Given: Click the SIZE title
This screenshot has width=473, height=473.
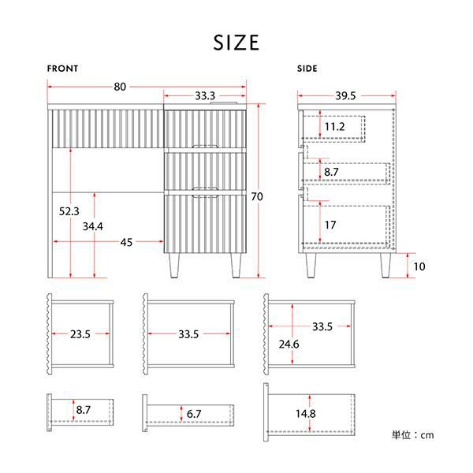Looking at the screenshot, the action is [x=236, y=43].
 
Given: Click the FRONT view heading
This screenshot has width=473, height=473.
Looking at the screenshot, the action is [x=62, y=69].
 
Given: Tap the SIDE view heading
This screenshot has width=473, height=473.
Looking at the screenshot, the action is [x=307, y=69].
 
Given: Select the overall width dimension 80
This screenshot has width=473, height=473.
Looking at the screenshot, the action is [x=120, y=87].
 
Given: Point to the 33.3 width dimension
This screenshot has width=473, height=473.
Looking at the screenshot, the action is [x=205, y=96].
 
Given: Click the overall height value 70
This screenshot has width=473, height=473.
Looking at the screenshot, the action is [x=257, y=196].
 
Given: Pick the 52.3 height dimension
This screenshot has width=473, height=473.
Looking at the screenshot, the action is [x=69, y=211].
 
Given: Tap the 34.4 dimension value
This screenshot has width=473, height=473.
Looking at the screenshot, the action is [x=93, y=226].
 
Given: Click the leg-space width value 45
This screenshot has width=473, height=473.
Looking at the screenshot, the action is [x=126, y=242].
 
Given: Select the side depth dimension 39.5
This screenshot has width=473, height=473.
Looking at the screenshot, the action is [x=345, y=96].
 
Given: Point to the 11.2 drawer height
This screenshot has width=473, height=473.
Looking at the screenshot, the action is [x=334, y=127].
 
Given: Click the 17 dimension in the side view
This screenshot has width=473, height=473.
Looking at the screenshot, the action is [x=330, y=225].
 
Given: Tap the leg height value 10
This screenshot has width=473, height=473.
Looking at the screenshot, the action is [x=419, y=266].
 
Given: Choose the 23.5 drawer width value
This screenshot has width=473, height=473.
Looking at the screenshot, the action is [x=80, y=334].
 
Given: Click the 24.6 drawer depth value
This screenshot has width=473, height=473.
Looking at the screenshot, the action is [x=289, y=345].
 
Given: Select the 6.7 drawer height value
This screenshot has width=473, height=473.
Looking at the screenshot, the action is [x=194, y=414].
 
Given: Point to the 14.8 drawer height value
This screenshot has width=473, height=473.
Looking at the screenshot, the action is [x=306, y=414].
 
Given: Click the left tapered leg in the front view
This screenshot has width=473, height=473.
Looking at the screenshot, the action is [x=174, y=266].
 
